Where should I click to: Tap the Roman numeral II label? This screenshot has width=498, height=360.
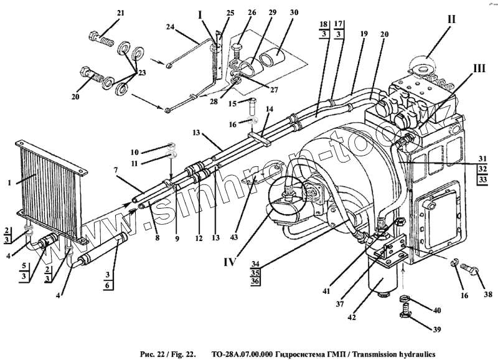point(451,19)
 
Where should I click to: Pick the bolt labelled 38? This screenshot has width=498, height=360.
point(471,272)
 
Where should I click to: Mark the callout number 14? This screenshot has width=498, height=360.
point(270,108)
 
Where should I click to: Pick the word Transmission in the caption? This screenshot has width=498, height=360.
point(377,352)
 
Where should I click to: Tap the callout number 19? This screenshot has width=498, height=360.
point(364,32)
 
